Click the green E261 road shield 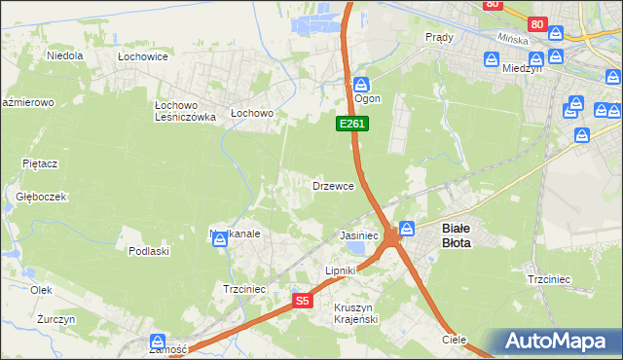(x=351, y=124)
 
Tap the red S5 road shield (x=303, y=302)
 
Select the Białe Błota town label (x=457, y=235)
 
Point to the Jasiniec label (x=358, y=236)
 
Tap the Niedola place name (x=65, y=55)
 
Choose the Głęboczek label (x=41, y=196)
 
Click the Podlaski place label (x=149, y=251)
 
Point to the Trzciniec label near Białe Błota (x=548, y=279)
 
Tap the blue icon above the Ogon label (x=361, y=85)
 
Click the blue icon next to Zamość (x=158, y=342)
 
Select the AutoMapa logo (x=555, y=342)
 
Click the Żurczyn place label (x=43, y=319)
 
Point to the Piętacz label (x=42, y=163)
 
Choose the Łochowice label (x=143, y=57)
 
